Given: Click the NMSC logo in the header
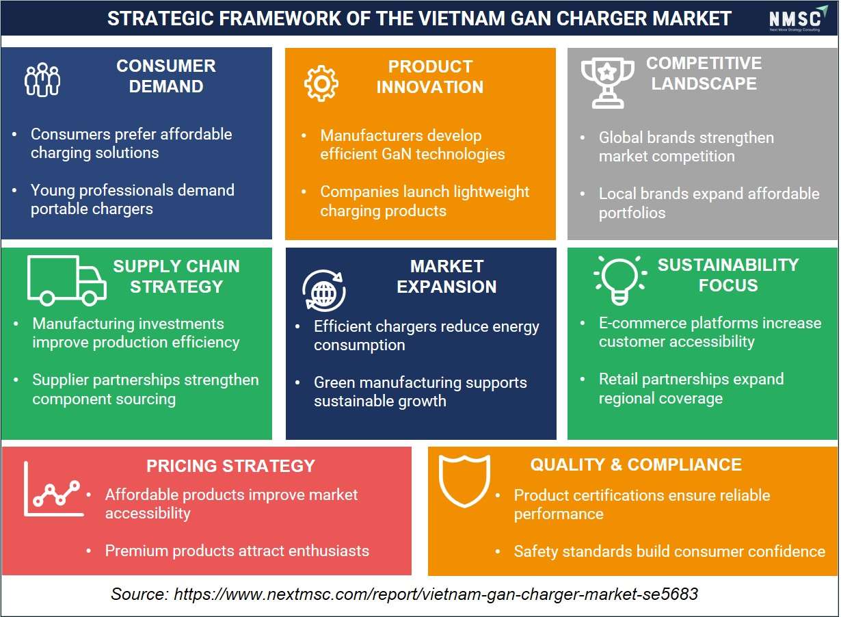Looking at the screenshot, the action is pyautogui.click(x=798, y=18).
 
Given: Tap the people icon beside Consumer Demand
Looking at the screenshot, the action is pyautogui.click(x=42, y=79).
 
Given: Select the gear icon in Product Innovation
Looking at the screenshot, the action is pyautogui.click(x=321, y=83).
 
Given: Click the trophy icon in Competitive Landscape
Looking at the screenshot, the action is pyautogui.click(x=607, y=83).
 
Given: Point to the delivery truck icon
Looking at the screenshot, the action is pyautogui.click(x=67, y=281).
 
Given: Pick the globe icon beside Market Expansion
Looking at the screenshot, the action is pyautogui.click(x=324, y=291).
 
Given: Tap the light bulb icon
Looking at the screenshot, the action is pyautogui.click(x=620, y=280).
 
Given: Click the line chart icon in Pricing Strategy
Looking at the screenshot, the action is pyautogui.click(x=54, y=489).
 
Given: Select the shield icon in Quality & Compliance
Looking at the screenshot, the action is pyautogui.click(x=465, y=481).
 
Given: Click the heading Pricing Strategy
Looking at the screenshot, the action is pyautogui.click(x=230, y=466).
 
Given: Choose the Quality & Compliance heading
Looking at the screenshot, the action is pyautogui.click(x=636, y=465).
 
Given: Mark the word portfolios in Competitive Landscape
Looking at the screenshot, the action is pyautogui.click(x=632, y=213).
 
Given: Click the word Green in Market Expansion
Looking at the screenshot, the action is pyautogui.click(x=334, y=382).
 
